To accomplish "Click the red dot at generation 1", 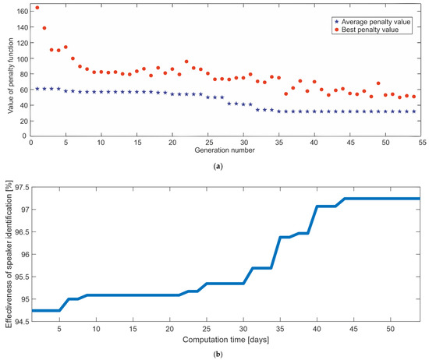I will coord(37,8).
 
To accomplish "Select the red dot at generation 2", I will coord(44,28).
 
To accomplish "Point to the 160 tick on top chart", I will coord(19,11).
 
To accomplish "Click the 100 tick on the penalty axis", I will coord(19,58).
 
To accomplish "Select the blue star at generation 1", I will coord(37,89).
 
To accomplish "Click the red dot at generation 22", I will coord(186,62).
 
